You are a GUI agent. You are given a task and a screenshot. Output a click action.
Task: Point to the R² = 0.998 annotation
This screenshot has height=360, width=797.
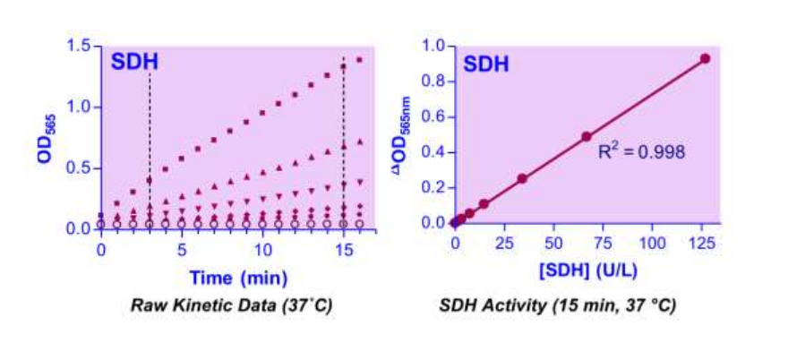[641, 152]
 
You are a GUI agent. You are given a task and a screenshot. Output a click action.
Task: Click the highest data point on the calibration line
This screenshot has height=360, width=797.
[705, 58]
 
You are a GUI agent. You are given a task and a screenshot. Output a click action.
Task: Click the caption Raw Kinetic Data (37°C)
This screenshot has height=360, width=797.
[231, 304]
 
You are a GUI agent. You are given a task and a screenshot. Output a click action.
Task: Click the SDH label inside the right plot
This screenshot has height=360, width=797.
[485, 64]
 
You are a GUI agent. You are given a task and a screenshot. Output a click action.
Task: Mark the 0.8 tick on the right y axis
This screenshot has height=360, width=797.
[435, 81]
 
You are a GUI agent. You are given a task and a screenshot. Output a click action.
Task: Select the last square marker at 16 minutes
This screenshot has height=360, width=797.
[360, 60]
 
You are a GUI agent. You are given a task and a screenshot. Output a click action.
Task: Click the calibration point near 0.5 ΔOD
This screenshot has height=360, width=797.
[587, 137]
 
